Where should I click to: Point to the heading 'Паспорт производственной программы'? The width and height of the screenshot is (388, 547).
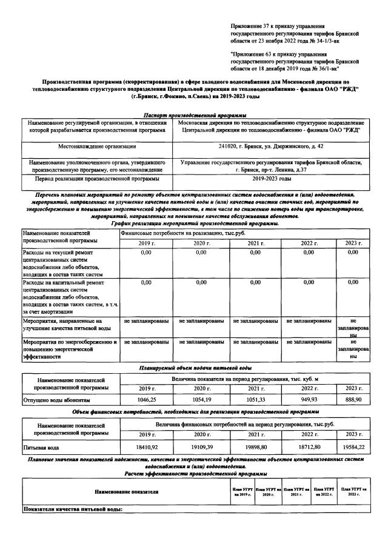click(x=194, y=115)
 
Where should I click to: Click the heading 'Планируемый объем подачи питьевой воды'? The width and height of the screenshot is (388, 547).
click(x=194, y=368)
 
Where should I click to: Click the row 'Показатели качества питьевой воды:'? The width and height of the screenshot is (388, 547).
click(x=73, y=509)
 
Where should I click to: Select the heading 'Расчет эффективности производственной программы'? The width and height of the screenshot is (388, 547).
click(x=194, y=473)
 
